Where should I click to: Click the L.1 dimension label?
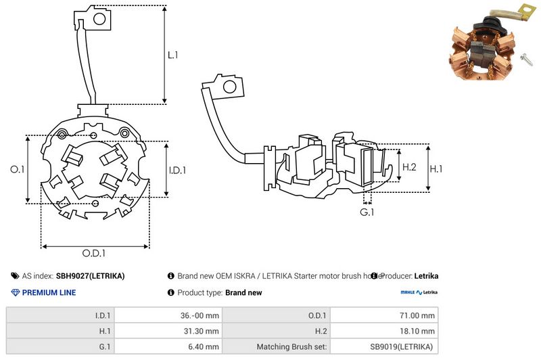(172, 54)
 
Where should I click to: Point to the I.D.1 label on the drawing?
(177, 170)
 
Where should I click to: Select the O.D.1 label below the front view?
(95, 253)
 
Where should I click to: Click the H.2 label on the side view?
(409, 167)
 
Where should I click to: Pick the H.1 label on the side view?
(437, 167)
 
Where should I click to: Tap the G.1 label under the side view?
(367, 213)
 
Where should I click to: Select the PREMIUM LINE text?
(49, 293)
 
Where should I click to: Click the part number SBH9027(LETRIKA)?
(90, 276)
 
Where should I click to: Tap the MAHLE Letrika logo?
(419, 293)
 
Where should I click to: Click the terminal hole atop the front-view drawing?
(99, 19)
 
